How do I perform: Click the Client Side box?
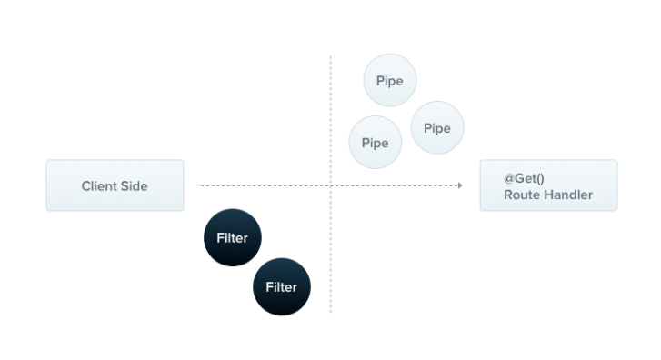[x=115, y=185]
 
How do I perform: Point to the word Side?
[x=134, y=186]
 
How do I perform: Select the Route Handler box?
[x=548, y=185]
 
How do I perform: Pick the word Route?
[x=521, y=195]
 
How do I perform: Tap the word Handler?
[x=566, y=195]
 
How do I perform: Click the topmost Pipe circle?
[x=389, y=80]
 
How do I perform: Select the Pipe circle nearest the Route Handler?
[x=437, y=128]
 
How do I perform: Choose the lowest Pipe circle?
[x=375, y=143]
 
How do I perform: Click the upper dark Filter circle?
[x=232, y=238]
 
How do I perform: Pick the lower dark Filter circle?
[x=281, y=287]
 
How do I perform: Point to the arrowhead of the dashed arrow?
[x=460, y=185]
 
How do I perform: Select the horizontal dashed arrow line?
[x=264, y=185]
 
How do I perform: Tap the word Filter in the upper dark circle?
[x=232, y=238]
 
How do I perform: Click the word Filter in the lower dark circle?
[x=281, y=287]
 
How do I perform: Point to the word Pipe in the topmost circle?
[x=389, y=80]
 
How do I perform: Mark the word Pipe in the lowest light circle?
[x=375, y=143]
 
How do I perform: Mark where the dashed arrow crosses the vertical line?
[x=330, y=185]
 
